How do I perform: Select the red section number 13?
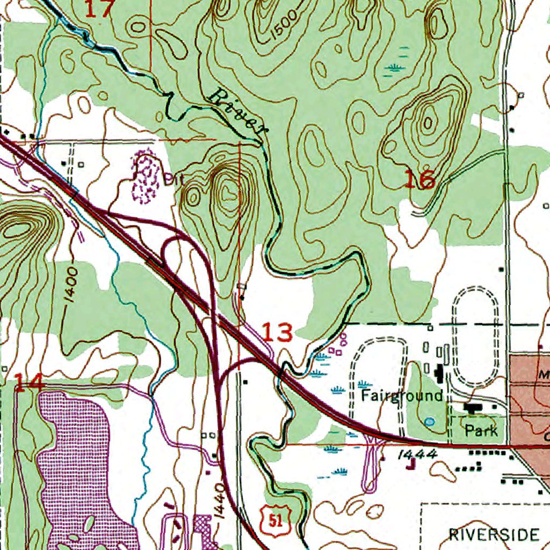click(278, 333)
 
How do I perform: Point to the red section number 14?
click(28, 383)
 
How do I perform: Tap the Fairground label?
click(402, 396)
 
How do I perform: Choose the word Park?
click(477, 430)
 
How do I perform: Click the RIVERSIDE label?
click(494, 534)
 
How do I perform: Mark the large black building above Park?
click(473, 409)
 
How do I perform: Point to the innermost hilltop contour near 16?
click(428, 124)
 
